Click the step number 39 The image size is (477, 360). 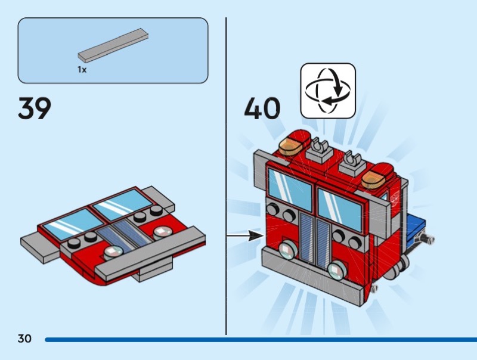pos(35,108)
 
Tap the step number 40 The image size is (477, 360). pos(262,108)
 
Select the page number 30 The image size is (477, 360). pos(24,339)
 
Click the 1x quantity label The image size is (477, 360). pos(82,70)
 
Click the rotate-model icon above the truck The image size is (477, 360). pos(328,90)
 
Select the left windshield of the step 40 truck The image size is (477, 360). pos(290,187)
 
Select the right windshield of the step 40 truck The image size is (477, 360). pos(339,209)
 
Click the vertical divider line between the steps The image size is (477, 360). pos(226,179)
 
